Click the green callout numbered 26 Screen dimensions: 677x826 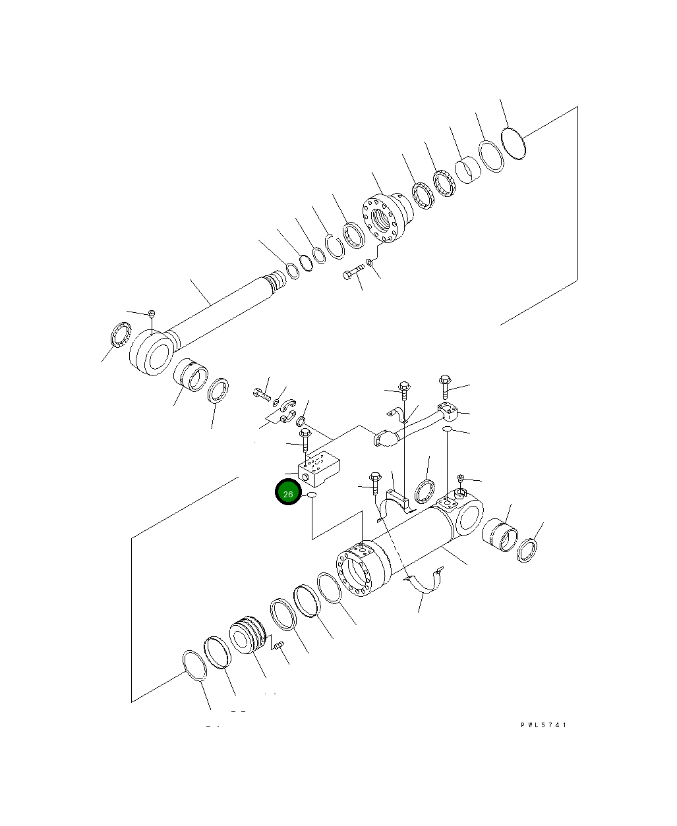[x=288, y=491]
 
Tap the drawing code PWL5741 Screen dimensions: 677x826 [x=543, y=725]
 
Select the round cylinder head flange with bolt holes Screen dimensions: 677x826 [x=388, y=218]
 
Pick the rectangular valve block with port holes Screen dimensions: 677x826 [x=318, y=468]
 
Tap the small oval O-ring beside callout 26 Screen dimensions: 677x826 [x=312, y=496]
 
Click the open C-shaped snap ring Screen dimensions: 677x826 [x=335, y=246]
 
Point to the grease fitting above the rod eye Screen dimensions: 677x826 [x=152, y=314]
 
